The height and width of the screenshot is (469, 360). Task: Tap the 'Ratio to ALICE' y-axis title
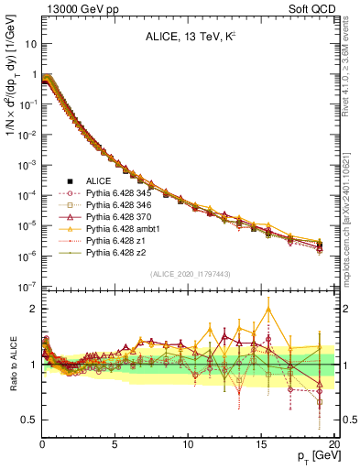[x=13, y=366]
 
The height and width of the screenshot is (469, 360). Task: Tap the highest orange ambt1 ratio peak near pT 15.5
[x=268, y=308]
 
